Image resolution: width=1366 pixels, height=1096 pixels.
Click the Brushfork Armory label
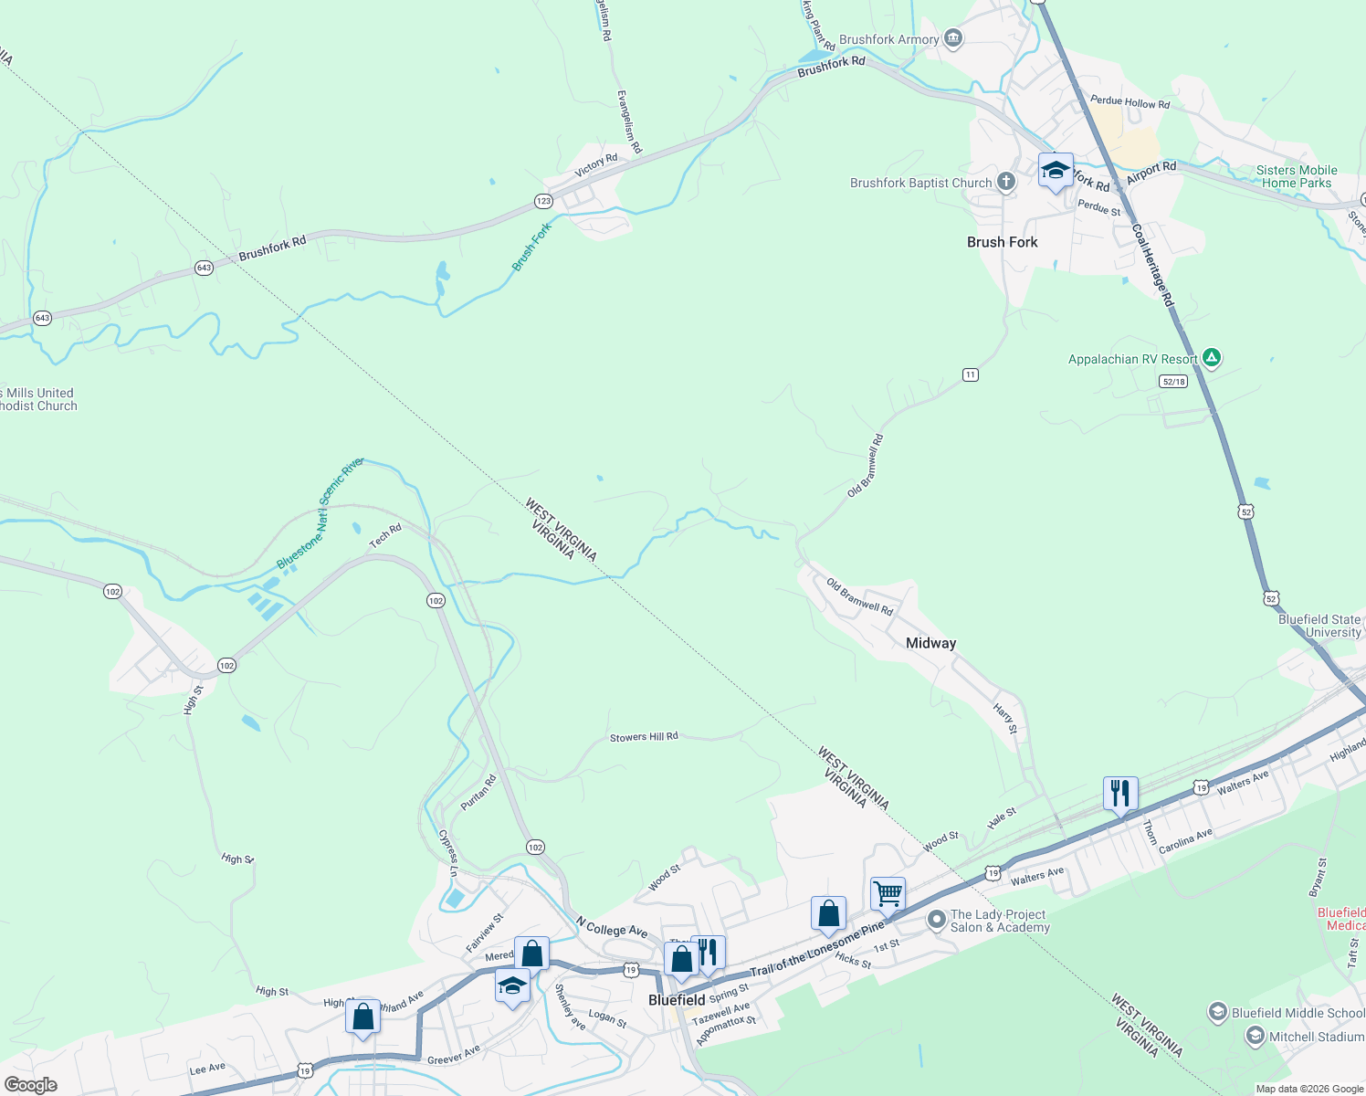tap(888, 39)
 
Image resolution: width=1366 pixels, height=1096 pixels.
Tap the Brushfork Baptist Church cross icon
tap(1006, 182)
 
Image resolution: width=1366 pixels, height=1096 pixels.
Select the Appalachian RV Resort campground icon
tap(1212, 358)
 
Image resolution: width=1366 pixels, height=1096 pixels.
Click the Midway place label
tap(930, 643)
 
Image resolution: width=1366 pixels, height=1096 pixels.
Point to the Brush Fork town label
tap(1002, 242)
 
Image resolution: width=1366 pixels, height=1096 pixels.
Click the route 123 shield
tap(544, 201)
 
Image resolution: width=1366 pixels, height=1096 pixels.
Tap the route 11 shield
tap(970, 374)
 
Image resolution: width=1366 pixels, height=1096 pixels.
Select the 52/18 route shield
tap(1173, 381)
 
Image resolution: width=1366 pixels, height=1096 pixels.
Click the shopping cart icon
tap(888, 893)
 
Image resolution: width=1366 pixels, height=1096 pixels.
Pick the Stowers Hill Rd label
tap(644, 737)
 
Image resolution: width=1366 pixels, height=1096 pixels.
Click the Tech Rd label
tap(385, 536)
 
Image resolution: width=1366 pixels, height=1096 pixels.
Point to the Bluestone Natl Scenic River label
tap(320, 513)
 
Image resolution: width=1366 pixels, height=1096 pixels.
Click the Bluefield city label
tap(677, 1000)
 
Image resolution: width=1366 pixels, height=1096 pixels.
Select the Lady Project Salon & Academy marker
tap(936, 920)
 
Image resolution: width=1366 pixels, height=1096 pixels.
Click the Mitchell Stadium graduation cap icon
tap(1256, 1036)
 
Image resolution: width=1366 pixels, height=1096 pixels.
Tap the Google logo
tap(31, 1085)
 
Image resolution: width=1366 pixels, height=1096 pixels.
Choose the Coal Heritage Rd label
tap(1152, 266)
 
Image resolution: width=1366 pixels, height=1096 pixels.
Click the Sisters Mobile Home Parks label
tap(1296, 176)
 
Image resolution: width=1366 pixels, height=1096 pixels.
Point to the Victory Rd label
tap(596, 166)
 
